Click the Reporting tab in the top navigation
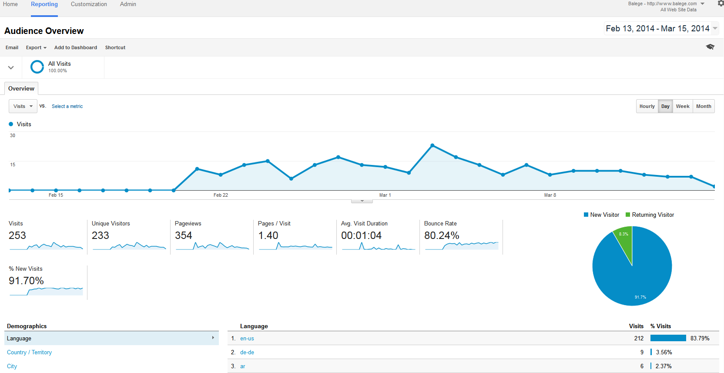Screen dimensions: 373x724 click(x=44, y=4)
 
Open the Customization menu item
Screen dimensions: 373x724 click(x=89, y=4)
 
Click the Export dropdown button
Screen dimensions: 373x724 click(x=36, y=47)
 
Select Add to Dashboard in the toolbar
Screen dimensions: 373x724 click(x=76, y=47)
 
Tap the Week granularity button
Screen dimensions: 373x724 click(x=682, y=106)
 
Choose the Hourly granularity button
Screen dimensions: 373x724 click(x=647, y=106)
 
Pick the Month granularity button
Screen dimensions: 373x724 click(x=703, y=106)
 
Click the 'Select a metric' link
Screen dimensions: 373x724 click(x=67, y=106)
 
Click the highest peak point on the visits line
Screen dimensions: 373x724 click(x=432, y=145)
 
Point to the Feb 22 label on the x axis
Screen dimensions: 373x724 click(x=221, y=195)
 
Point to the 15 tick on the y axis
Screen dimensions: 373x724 click(x=13, y=165)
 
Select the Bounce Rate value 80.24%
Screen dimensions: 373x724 click(x=442, y=235)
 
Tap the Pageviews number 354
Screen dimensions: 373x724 click(x=183, y=235)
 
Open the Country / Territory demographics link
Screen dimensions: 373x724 click(x=29, y=352)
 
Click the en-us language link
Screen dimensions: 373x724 click(x=247, y=338)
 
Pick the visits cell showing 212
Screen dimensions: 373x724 click(x=638, y=338)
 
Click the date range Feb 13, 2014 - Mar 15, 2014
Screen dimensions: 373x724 click(x=657, y=28)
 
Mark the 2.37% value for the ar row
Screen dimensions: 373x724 click(x=663, y=366)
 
